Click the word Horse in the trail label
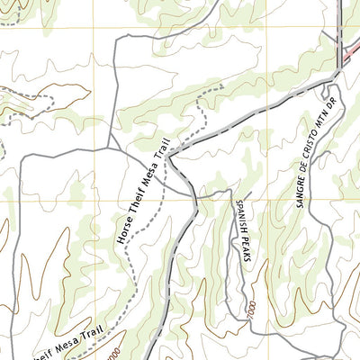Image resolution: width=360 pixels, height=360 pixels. [125, 232]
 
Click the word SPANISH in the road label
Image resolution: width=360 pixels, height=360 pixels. [239, 217]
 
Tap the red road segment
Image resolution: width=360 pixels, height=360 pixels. [351, 55]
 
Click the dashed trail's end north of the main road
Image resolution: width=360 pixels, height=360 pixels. [220, 87]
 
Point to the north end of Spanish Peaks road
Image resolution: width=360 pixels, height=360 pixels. [233, 193]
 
